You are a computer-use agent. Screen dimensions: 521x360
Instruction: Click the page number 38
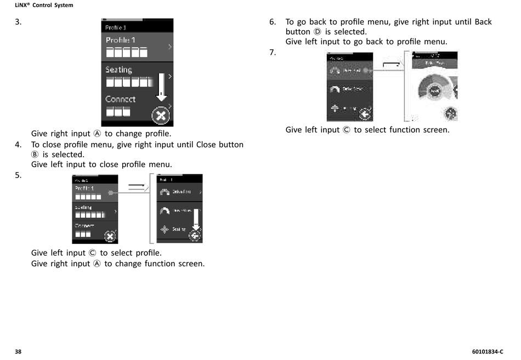click(x=18, y=351)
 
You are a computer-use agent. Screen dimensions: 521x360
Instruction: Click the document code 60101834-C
click(x=487, y=351)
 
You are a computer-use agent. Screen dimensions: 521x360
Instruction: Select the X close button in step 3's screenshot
click(x=161, y=116)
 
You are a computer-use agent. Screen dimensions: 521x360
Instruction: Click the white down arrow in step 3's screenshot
click(x=161, y=87)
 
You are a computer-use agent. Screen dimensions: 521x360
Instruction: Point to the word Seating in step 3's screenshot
click(x=119, y=70)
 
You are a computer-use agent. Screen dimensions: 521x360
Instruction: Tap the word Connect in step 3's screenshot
click(x=121, y=99)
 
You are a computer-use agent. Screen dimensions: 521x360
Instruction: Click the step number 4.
click(x=18, y=145)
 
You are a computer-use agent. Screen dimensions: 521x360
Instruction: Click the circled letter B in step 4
click(x=35, y=155)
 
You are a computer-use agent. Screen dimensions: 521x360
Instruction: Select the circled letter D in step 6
click(x=317, y=32)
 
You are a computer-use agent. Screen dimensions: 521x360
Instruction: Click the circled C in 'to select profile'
click(x=93, y=253)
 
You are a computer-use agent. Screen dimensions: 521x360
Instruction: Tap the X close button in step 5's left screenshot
click(x=110, y=237)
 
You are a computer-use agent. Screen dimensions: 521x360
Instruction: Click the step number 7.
click(x=272, y=52)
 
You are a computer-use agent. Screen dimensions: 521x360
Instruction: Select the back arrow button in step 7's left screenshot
click(x=365, y=114)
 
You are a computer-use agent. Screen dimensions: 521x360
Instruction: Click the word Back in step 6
click(x=483, y=22)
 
